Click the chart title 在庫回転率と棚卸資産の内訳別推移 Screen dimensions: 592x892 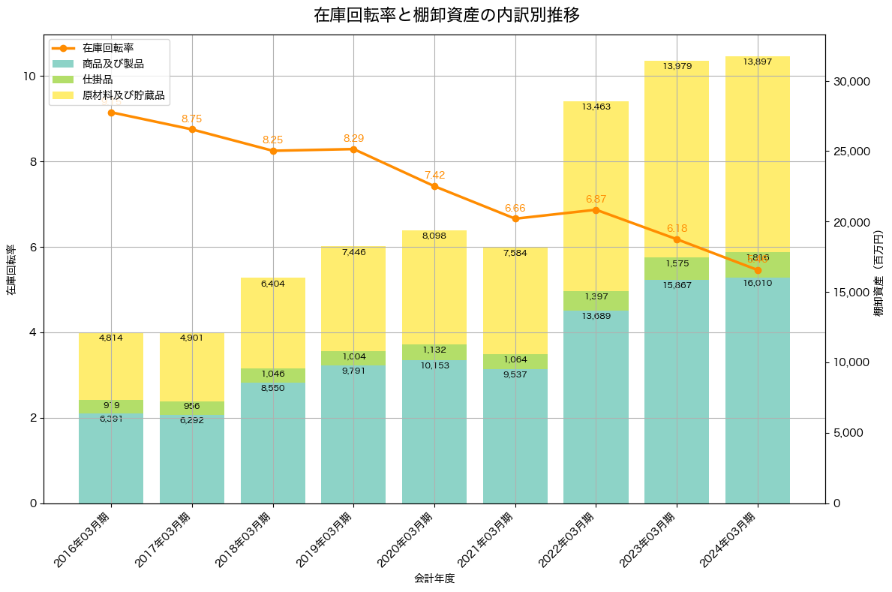(x=446, y=15)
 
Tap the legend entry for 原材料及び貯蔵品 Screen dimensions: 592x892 (x=123, y=95)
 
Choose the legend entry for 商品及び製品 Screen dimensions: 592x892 (x=113, y=64)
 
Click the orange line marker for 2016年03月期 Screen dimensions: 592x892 (x=111, y=113)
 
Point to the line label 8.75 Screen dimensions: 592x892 (x=191, y=119)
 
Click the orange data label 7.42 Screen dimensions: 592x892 (x=434, y=175)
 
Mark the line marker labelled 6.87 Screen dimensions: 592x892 (x=596, y=210)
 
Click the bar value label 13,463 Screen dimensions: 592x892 (x=596, y=107)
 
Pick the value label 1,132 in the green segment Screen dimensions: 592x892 (x=434, y=350)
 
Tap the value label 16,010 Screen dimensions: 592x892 (x=758, y=284)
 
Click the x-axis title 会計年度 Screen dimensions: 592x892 (x=434, y=578)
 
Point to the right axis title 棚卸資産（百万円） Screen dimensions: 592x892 (x=878, y=273)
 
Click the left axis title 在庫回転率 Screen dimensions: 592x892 (x=11, y=269)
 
